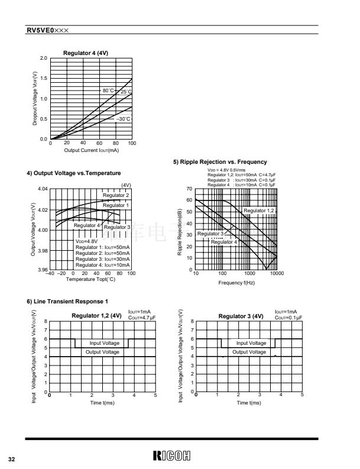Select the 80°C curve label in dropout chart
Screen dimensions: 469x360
108,90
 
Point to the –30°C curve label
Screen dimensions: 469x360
123,119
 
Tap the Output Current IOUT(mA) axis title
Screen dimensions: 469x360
92,150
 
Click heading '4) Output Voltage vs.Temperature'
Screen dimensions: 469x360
74,173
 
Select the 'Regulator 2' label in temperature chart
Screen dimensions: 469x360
116,195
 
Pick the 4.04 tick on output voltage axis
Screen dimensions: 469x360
42,189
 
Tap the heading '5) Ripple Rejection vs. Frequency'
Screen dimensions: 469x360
220,162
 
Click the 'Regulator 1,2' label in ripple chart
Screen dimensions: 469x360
259,211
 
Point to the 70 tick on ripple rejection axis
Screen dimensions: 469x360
190,189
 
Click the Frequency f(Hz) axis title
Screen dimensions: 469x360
236,283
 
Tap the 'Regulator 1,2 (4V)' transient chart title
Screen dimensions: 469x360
96,316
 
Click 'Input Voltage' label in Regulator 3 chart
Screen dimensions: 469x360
251,343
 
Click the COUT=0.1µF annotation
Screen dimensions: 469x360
288,318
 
